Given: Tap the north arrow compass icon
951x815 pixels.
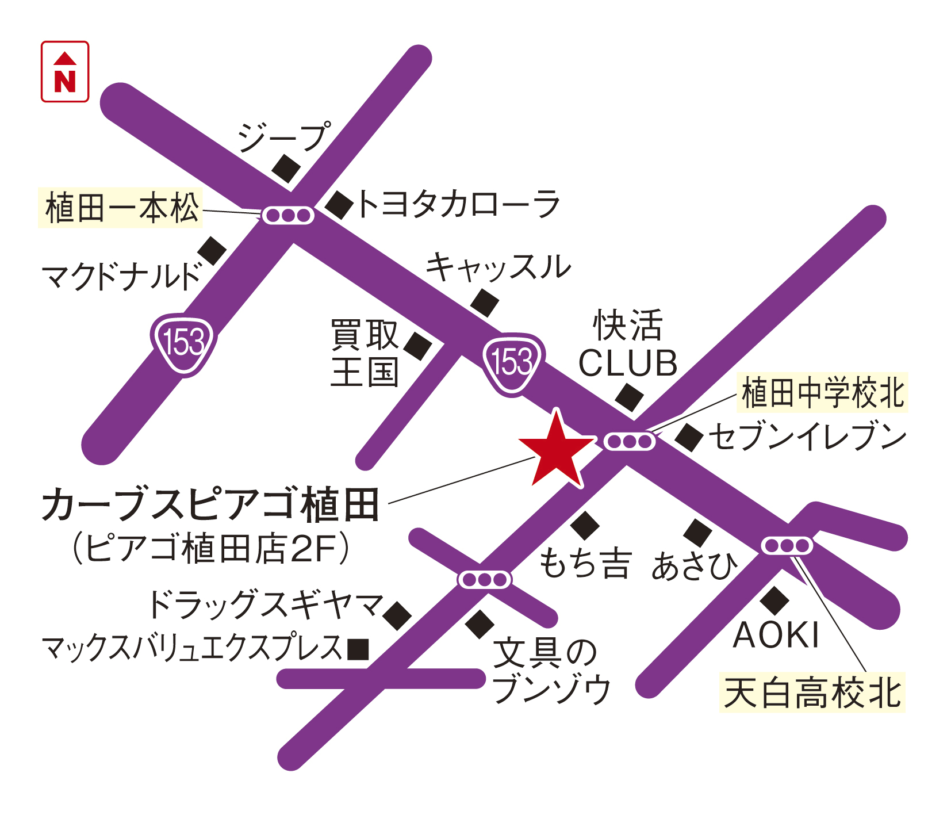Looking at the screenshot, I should [65, 72].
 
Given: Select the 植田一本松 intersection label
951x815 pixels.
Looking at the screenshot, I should [121, 208].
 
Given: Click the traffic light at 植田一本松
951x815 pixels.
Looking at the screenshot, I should [288, 216].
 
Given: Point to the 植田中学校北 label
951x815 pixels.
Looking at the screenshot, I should [822, 393].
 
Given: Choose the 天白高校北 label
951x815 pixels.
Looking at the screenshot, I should [812, 692].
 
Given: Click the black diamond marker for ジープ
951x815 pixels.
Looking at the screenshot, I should [286, 169].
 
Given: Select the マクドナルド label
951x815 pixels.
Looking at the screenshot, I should [122, 277].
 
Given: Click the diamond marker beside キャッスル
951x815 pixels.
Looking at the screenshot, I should [485, 303].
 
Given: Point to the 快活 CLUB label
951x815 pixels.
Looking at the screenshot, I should [628, 344].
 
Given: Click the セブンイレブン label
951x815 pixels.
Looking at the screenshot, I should [807, 437].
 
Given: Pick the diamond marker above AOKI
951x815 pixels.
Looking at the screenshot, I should [774, 600].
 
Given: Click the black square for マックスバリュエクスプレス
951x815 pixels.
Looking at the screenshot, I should [358, 649].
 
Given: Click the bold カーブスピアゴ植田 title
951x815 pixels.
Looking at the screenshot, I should [210, 505].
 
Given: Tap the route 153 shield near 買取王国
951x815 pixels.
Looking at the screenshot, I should [512, 362].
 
